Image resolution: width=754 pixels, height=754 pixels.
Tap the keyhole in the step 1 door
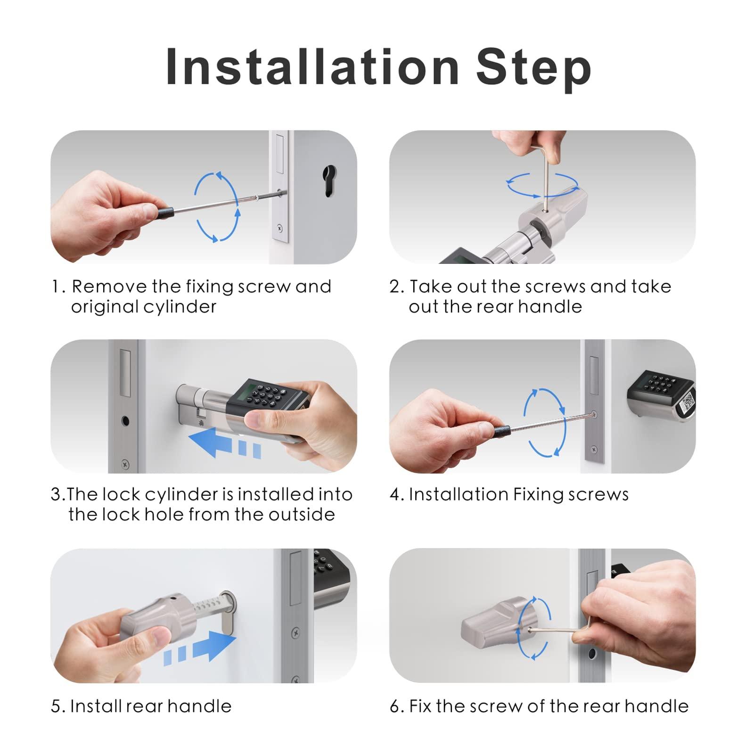pos(329,181)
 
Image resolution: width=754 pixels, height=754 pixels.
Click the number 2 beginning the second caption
pos(394,287)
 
